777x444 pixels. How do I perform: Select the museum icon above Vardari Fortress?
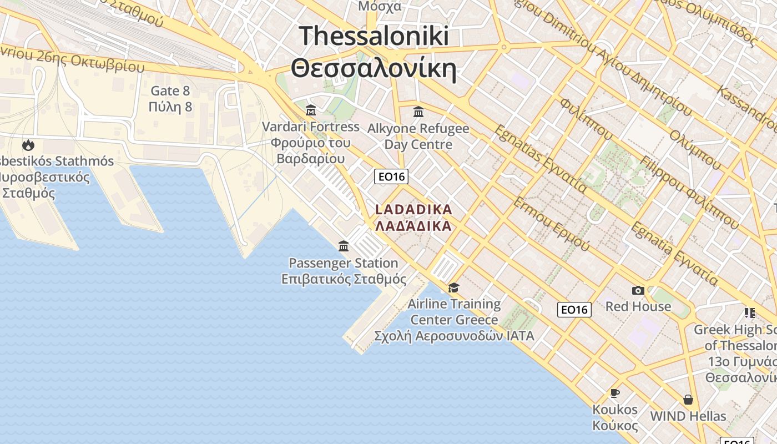click(x=311, y=110)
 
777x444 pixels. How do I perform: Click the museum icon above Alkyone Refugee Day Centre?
click(x=418, y=112)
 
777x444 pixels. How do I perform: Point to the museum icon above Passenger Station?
click(x=344, y=246)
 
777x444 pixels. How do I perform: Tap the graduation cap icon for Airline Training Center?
click(x=454, y=287)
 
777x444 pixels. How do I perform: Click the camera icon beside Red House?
click(x=638, y=290)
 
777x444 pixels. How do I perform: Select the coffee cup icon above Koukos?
click(x=615, y=393)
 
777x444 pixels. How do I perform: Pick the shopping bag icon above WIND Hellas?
click(x=688, y=400)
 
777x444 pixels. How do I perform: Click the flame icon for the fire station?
click(x=28, y=145)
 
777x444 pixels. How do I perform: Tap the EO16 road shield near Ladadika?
click(x=391, y=176)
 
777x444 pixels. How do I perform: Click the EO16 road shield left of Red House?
click(x=574, y=309)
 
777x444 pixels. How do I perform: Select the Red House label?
click(x=638, y=306)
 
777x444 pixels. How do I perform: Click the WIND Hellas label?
click(x=688, y=416)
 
